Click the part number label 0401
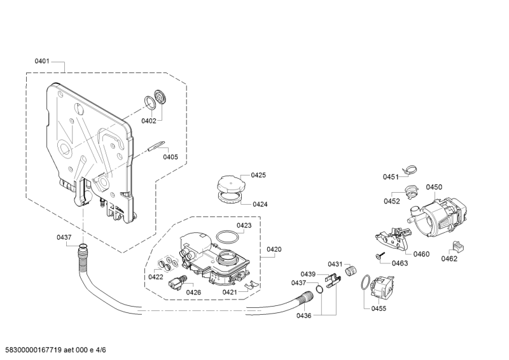click(42, 62)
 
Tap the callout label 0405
click(170, 156)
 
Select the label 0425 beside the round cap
click(258, 175)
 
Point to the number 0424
click(260, 204)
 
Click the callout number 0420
click(274, 249)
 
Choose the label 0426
click(194, 292)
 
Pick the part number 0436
click(303, 315)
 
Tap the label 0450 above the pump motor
click(434, 187)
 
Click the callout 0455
click(379, 308)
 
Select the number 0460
click(421, 254)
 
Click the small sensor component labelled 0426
click(176, 284)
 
